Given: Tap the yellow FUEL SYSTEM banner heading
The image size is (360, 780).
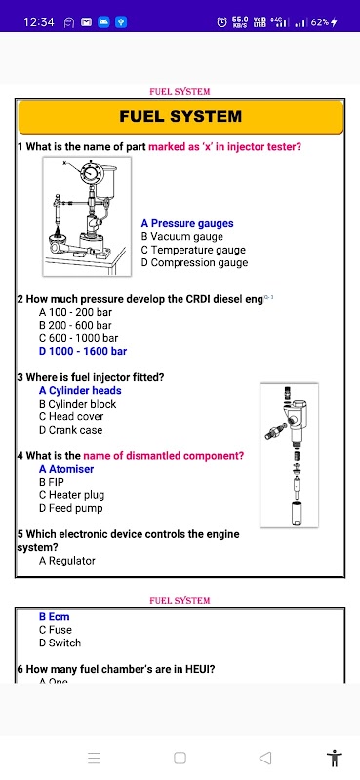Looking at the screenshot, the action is coord(180,116).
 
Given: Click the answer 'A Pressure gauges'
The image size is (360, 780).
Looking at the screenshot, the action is coord(187,224).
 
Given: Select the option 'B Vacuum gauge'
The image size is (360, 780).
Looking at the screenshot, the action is coord(182,237).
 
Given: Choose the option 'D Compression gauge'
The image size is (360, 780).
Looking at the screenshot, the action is coord(194,262).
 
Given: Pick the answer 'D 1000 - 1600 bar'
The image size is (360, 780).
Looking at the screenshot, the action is coord(83,351).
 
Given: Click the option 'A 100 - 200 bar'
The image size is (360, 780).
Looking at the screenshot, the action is coord(75,312).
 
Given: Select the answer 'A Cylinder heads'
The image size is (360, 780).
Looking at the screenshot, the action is coord(80,391).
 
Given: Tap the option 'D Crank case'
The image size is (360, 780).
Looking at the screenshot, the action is coord(70,430).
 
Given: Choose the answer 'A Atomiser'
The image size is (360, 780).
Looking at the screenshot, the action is coord(66,469).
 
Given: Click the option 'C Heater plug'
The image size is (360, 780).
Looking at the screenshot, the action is coord(71,495).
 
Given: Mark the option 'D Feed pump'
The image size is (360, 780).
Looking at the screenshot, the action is coord(70,508).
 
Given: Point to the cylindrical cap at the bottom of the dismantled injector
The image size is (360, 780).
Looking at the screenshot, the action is coord(298,513).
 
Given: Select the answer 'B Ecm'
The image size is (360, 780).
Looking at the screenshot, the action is coord(55,617).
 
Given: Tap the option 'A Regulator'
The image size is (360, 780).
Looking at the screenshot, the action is coord(66,561).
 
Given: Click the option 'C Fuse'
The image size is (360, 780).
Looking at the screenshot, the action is coord(56,630).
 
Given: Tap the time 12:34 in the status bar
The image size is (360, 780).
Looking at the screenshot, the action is coord(39,21).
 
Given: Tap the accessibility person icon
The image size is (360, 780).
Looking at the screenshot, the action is coord(335,758).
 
